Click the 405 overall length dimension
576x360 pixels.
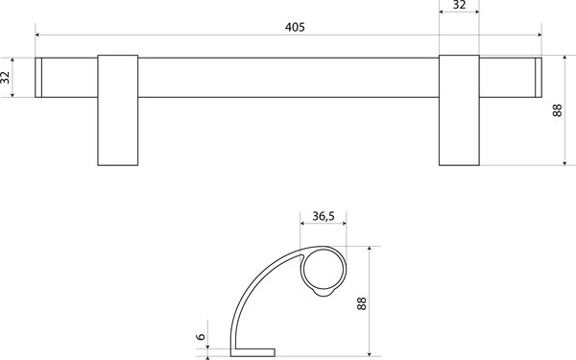point(295,27)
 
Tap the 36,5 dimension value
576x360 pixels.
point(324,216)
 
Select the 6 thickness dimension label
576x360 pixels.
point(201,336)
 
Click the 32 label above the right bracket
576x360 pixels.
point(459,5)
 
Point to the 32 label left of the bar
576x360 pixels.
point(5,78)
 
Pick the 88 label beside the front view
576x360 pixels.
point(557,110)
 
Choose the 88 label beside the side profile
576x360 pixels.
point(362,303)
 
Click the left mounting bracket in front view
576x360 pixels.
point(118,110)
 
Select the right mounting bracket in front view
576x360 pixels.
point(459,110)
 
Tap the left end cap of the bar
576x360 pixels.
point(38,78)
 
